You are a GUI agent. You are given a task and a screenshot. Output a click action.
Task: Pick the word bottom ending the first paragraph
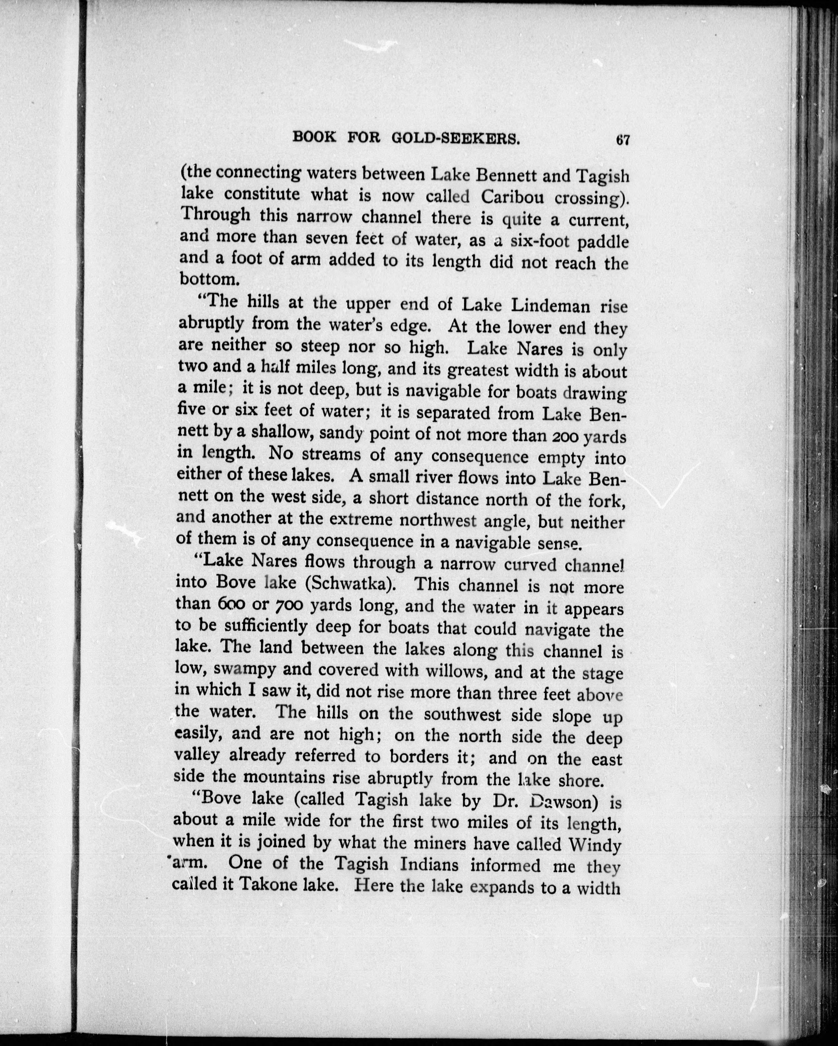(202, 279)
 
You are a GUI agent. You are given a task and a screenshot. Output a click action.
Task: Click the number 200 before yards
(564, 436)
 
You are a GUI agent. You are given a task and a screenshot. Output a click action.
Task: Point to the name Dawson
(561, 802)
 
